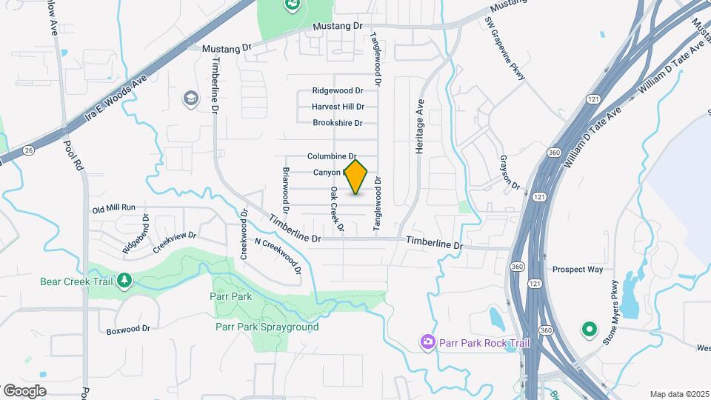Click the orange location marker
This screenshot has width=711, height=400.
356,177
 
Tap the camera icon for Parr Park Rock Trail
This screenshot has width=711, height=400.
427,341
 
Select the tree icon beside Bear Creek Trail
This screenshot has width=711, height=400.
125,279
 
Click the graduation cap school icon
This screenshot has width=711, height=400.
191,98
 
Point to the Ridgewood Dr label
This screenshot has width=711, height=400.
337,90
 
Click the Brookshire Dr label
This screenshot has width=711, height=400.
337,123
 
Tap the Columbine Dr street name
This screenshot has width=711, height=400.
333,156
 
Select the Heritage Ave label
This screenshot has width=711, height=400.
420,127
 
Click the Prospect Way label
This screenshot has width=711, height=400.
578,270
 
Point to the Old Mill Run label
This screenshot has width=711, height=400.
114,208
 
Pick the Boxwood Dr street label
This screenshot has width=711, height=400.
128,330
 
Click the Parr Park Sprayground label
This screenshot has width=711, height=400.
267,327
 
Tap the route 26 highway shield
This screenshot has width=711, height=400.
28,150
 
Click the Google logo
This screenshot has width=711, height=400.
24,391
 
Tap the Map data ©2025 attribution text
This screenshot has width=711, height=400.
679,394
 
